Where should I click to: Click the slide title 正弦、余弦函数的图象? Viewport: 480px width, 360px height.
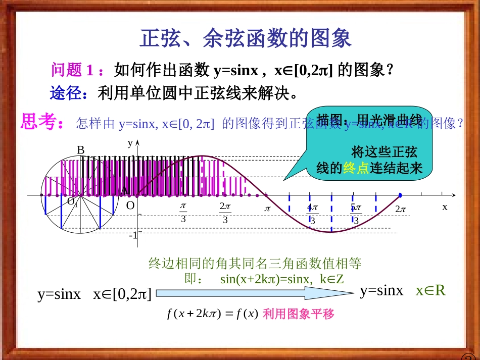pyautogui.click(x=245, y=38)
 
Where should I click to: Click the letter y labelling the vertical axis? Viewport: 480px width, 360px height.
pyautogui.click(x=130, y=143)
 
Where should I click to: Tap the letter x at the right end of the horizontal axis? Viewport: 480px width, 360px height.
pyautogui.click(x=445, y=207)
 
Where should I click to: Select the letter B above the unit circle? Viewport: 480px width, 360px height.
pyautogui.click(x=80, y=150)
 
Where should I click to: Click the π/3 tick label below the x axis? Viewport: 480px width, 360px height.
pyautogui.click(x=183, y=213)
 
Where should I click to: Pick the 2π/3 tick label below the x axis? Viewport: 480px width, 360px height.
pyautogui.click(x=225, y=213)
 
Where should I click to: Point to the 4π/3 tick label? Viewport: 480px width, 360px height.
pyautogui.click(x=312, y=214)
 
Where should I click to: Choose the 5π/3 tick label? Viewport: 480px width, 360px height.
pyautogui.click(x=356, y=214)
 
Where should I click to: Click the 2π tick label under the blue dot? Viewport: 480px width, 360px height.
pyautogui.click(x=401, y=209)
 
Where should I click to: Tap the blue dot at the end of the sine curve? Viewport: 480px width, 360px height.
pyautogui.click(x=400, y=195)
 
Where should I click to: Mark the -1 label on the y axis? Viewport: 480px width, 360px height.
pyautogui.click(x=133, y=236)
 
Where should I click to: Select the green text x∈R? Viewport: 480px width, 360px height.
pyautogui.click(x=430, y=291)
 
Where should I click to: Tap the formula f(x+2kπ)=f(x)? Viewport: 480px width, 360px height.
pyautogui.click(x=212, y=314)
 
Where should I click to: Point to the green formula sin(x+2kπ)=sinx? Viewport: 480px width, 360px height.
pyautogui.click(x=282, y=279)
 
